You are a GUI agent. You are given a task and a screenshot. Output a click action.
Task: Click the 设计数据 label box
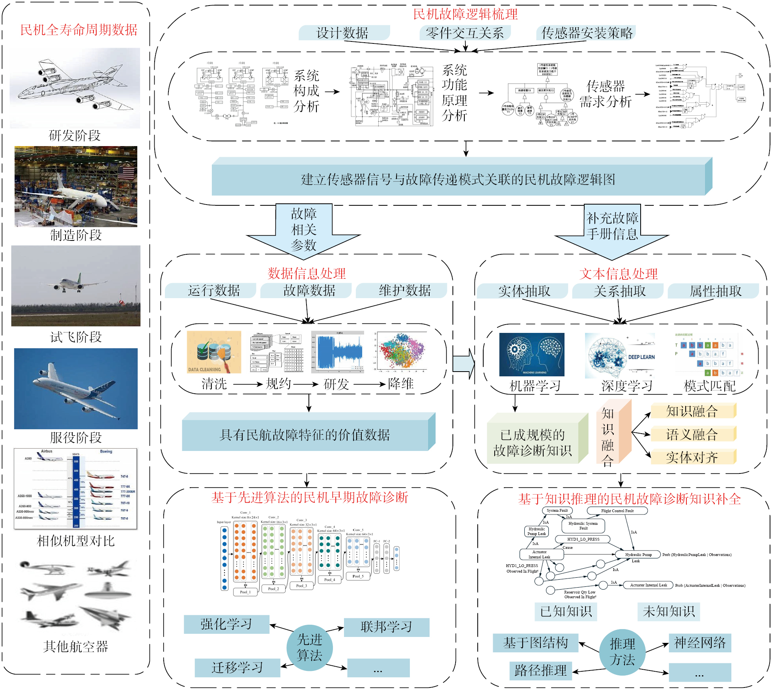pyautogui.click(x=343, y=33)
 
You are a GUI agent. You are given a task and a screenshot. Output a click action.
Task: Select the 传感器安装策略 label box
pyautogui.click(x=586, y=33)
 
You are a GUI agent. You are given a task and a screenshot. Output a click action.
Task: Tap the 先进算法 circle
pyautogui.click(x=310, y=648)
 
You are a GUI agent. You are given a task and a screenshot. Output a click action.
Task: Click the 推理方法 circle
pyautogui.click(x=622, y=652)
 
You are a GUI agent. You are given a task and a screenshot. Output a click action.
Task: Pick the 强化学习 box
pyautogui.click(x=226, y=624)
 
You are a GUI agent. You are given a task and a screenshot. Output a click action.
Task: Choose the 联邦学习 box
pyautogui.click(x=386, y=627)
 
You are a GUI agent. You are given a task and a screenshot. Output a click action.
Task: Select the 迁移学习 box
pyautogui.click(x=237, y=668)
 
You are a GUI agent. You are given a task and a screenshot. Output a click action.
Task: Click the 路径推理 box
pyautogui.click(x=540, y=671)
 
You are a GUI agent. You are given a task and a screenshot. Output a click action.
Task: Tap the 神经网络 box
pyautogui.click(x=700, y=643)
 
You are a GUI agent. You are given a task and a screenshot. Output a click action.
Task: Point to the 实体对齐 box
pyautogui.click(x=692, y=457)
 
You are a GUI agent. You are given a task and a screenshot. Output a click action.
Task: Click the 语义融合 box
pyautogui.click(x=692, y=434)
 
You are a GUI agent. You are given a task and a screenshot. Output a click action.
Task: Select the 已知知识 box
pyautogui.click(x=566, y=612)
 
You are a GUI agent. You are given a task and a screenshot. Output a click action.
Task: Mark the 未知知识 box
pyautogui.click(x=669, y=612)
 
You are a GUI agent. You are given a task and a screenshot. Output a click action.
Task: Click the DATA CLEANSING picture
pyautogui.click(x=214, y=352)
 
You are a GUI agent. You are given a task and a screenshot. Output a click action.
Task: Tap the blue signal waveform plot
pyautogui.click(x=338, y=352)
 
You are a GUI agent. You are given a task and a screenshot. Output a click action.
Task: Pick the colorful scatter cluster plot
pyautogui.click(x=402, y=352)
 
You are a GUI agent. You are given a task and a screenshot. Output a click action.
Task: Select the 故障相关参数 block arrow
pyautogui.click(x=303, y=231)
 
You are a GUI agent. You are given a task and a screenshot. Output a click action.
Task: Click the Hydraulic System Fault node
pyautogui.click(x=583, y=526)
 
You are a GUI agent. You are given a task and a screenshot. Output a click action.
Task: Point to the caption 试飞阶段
pyautogui.click(x=76, y=337)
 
